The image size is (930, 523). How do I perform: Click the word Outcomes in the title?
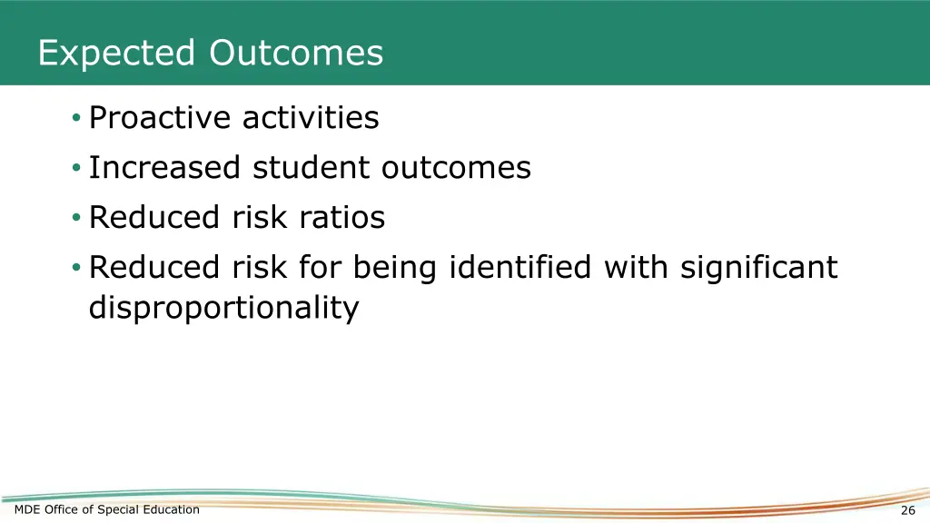pos(296,54)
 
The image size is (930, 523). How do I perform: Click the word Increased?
pos(165,168)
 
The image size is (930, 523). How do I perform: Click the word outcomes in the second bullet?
pos(456,168)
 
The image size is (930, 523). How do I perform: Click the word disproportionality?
pos(223,309)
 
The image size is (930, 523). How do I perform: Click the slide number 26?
pos(907,510)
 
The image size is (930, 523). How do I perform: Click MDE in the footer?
pos(27,509)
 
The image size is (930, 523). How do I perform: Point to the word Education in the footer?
pos(171,509)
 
